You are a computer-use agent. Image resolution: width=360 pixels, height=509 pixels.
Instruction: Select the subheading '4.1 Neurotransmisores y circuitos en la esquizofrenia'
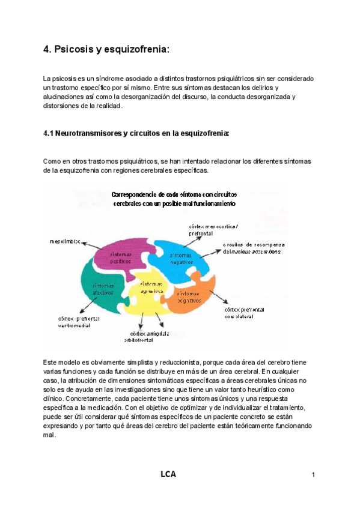point(136,133)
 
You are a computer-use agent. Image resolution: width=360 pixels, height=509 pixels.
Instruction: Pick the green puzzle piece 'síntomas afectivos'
point(102,290)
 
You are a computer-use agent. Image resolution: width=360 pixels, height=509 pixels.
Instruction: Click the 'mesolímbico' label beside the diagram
point(64,242)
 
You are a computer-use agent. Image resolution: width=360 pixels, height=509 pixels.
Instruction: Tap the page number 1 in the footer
point(314,476)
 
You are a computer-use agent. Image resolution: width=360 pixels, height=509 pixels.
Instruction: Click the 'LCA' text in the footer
point(168,475)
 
